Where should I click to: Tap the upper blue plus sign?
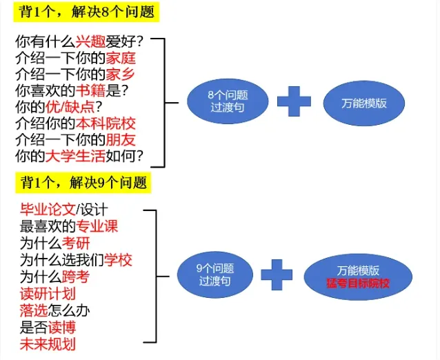(294, 101)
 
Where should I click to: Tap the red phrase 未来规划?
(48, 344)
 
